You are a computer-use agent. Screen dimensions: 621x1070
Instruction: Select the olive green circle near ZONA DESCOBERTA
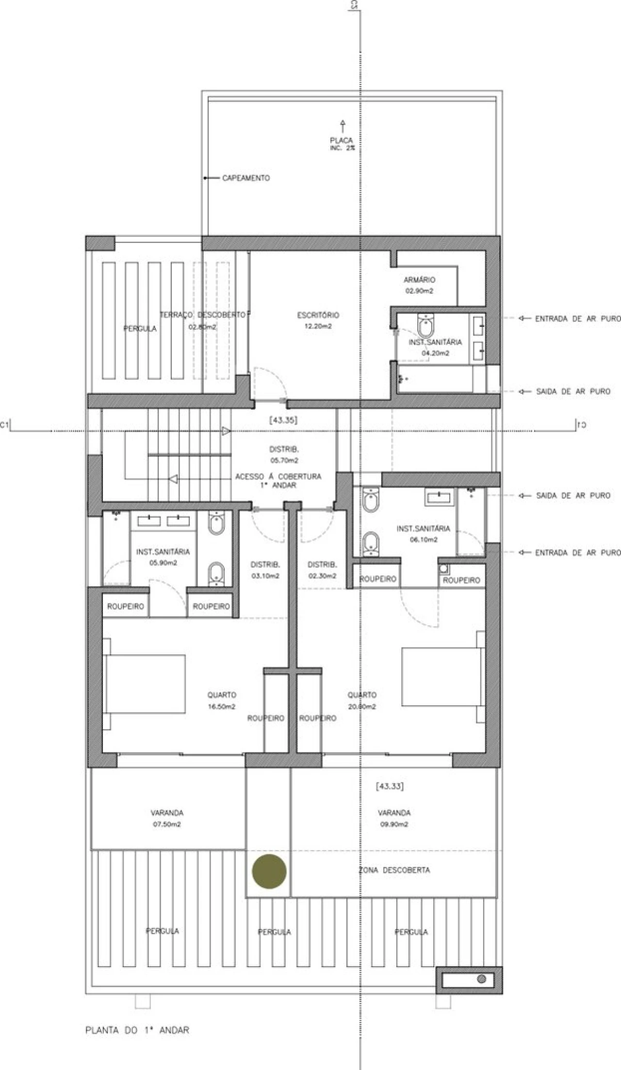click(269, 871)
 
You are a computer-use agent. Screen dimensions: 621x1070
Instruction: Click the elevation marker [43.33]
click(390, 786)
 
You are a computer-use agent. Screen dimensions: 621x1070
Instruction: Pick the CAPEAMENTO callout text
click(246, 178)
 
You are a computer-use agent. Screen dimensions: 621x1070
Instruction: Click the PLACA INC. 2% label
click(342, 144)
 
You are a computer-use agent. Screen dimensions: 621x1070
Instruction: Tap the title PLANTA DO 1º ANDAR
click(137, 1030)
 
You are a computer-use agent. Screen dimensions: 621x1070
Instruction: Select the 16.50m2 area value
click(222, 706)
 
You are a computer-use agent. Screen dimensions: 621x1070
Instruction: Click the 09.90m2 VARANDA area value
click(394, 824)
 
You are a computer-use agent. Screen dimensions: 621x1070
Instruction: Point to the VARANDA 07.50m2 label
click(167, 818)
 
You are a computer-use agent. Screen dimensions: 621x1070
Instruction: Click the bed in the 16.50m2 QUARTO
click(144, 684)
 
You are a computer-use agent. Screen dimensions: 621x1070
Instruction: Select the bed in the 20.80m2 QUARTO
click(443, 676)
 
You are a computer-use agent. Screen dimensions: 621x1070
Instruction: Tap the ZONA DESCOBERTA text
click(394, 869)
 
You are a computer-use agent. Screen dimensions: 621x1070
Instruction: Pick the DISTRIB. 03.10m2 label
click(265, 570)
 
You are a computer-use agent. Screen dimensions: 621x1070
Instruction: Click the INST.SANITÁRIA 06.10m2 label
click(423, 534)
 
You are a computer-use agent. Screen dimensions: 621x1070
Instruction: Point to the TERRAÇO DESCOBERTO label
click(202, 315)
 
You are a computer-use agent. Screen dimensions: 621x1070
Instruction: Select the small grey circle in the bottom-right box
click(481, 979)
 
